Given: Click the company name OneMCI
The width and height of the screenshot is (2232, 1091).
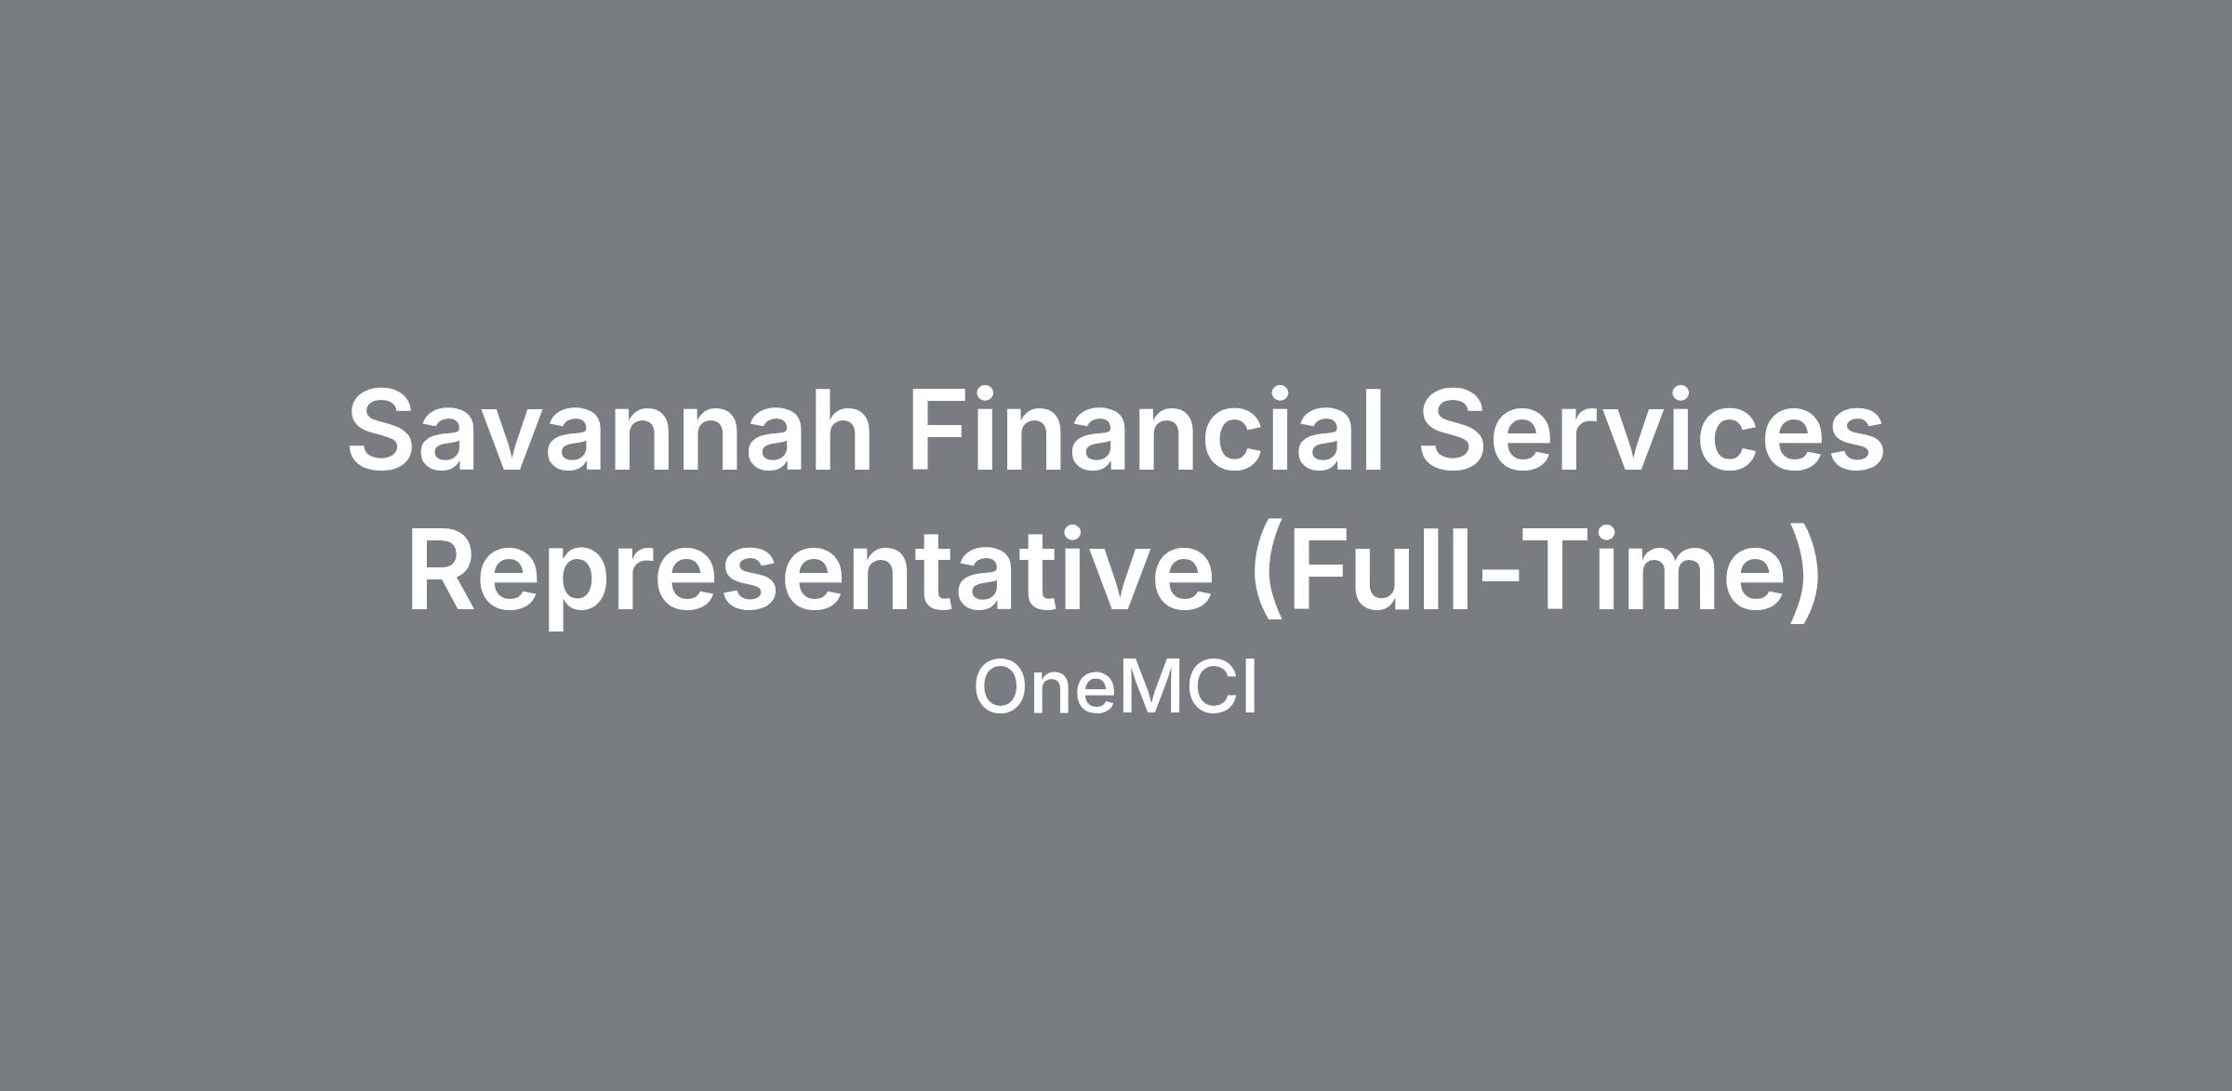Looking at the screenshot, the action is pos(1115,688).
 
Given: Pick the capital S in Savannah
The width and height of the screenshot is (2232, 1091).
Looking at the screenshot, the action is pos(385,430).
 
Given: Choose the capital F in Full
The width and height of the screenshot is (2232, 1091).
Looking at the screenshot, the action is pos(1321,569).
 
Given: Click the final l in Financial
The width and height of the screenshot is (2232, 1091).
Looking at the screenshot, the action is pos(1373,428).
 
